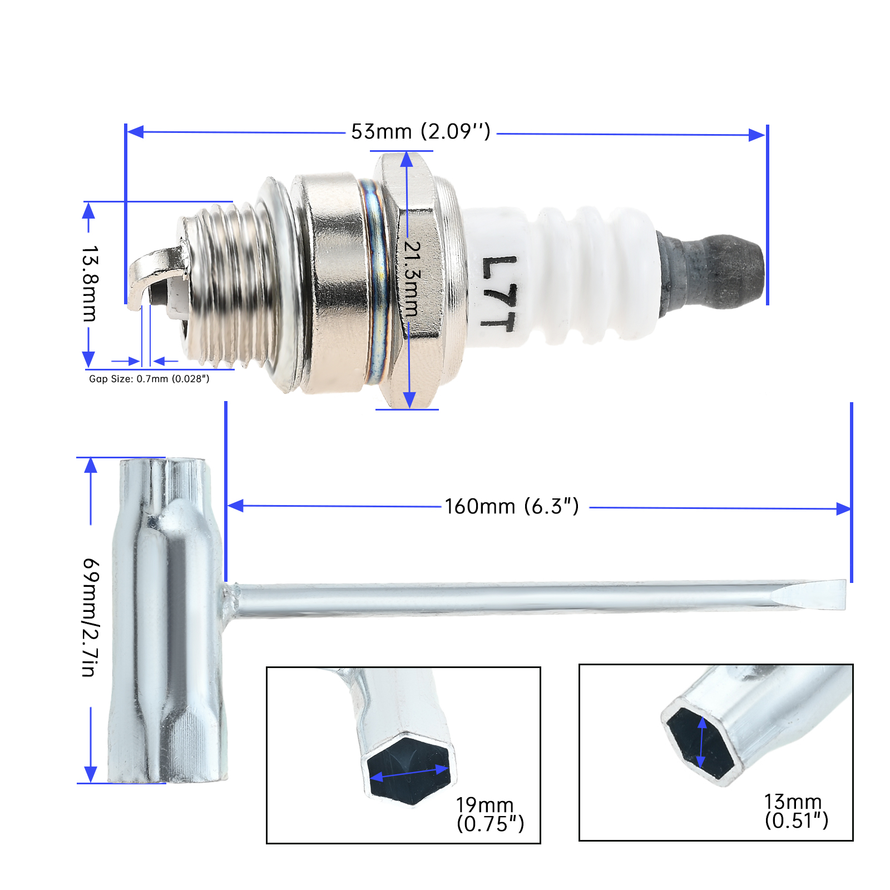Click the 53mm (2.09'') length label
click(421, 132)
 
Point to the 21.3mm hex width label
click(412, 278)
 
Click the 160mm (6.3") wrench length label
click(512, 507)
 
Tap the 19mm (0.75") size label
click(490, 814)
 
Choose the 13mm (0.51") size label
click(797, 811)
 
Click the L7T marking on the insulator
click(499, 293)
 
